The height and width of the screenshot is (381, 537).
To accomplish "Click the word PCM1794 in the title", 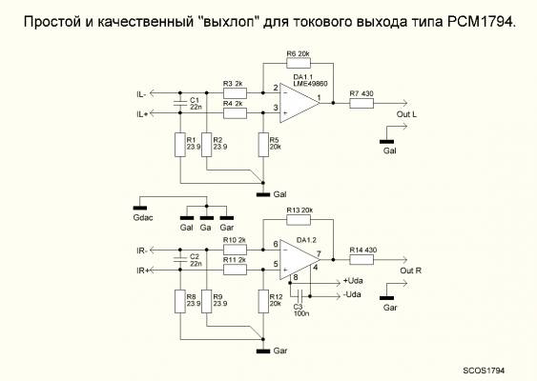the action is [x=481, y=22].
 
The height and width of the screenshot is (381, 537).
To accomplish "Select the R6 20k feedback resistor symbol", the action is [x=299, y=63].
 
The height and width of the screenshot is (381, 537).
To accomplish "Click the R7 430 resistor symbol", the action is [x=361, y=103].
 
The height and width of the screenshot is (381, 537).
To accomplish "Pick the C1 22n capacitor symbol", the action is [x=180, y=103].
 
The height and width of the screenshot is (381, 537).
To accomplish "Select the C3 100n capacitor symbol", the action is [x=300, y=296].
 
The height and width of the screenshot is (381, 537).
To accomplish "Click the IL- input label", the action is [x=141, y=94].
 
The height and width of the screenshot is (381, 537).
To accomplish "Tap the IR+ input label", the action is [x=142, y=271].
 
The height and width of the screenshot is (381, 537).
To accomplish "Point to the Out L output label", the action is [x=406, y=114].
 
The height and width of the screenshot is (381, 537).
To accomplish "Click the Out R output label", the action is [x=411, y=271].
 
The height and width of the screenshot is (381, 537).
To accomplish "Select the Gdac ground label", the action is [x=143, y=217].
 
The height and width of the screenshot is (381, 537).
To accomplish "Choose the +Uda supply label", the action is [x=353, y=281].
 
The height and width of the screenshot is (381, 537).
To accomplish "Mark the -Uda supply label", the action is [x=352, y=294].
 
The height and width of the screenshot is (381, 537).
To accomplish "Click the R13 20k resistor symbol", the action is [x=299, y=220].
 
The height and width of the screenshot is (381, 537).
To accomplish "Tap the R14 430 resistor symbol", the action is [x=361, y=260].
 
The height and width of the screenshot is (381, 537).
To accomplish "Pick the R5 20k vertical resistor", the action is [x=263, y=145].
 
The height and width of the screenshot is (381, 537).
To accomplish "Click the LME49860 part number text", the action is [x=310, y=83].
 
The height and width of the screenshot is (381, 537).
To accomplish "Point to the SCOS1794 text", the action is [x=484, y=371].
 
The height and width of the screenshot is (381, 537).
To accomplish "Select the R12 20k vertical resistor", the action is [x=263, y=301].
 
